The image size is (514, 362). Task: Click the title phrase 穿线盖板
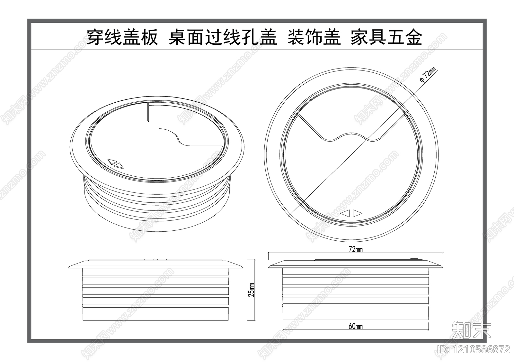[x=122, y=38]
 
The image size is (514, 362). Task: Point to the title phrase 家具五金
[x=386, y=38]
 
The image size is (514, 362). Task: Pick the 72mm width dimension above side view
[x=356, y=249]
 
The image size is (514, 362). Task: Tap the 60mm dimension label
[x=356, y=326]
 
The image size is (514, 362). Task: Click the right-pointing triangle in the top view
[x=357, y=213]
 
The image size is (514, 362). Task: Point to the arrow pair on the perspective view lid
[x=115, y=164]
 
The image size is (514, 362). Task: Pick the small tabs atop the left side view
[x=155, y=259]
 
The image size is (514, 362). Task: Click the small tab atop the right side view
[x=414, y=259]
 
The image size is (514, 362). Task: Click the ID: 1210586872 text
[x=474, y=349]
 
